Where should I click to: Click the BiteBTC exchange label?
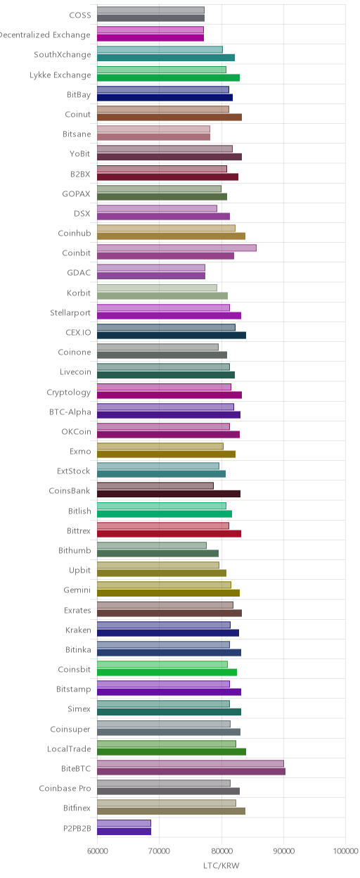coord(76,769)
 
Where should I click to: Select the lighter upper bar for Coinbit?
coord(176,248)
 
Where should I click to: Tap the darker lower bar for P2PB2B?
coord(124,831)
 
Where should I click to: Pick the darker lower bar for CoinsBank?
coord(169,494)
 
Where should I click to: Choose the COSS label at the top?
coord(80,15)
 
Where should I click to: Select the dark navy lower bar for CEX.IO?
coord(172,335)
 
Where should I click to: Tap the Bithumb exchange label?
coord(75,550)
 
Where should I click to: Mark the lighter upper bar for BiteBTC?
coord(191,763)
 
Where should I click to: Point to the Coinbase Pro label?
coord(65,788)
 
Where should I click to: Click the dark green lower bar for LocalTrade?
coord(172,752)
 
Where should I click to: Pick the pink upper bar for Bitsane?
coord(153,129)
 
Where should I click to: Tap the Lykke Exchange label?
coord(60,75)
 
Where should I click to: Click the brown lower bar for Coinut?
coord(169,117)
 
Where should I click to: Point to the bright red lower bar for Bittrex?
coord(169,533)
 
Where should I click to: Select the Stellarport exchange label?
coord(70,313)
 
